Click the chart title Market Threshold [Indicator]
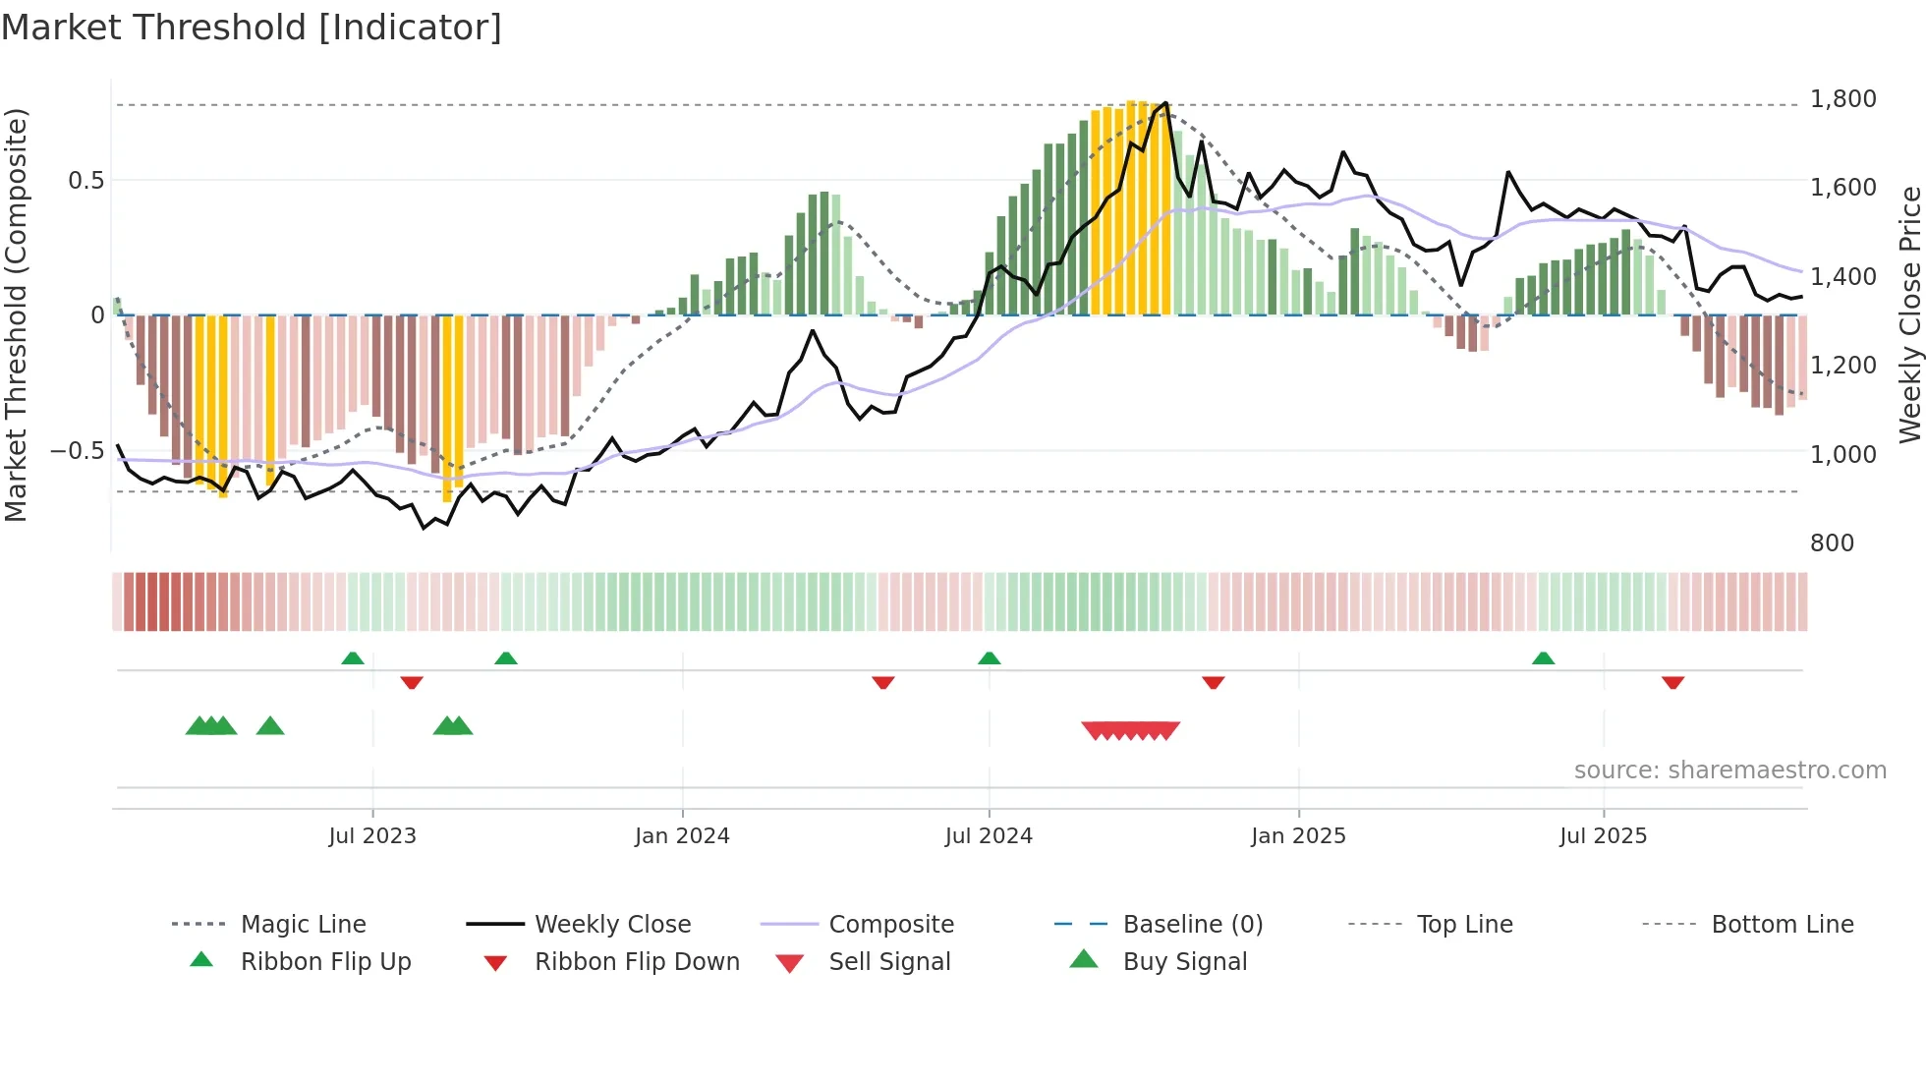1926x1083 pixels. pyautogui.click(x=252, y=28)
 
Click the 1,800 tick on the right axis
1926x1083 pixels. pyautogui.click(x=1842, y=99)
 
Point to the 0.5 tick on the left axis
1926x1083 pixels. pyautogui.click(x=85, y=181)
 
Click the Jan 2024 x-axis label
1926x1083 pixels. pyautogui.click(x=682, y=836)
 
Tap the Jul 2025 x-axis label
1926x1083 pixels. pyautogui.click(x=1603, y=836)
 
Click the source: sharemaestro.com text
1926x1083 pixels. pyautogui.click(x=1729, y=770)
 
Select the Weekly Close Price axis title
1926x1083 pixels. pyautogui.click(x=1909, y=314)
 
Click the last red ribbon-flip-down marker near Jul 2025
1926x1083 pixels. pyautogui.click(x=1672, y=683)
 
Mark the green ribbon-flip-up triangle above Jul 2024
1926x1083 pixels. pyautogui.click(x=989, y=658)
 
